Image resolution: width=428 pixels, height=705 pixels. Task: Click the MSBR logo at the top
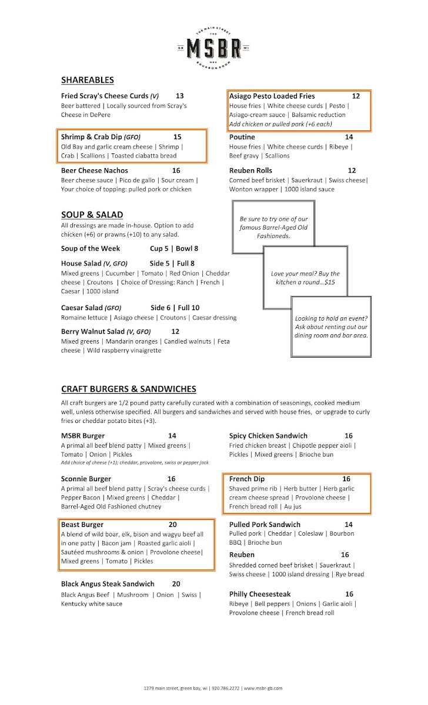213,47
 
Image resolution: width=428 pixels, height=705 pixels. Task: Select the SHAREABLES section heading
88,80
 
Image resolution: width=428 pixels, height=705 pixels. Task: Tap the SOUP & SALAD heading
92,214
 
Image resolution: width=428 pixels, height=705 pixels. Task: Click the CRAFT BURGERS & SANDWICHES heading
129,389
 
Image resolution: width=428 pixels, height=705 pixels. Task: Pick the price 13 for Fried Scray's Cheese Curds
179,96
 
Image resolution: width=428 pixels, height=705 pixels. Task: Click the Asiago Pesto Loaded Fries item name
272,96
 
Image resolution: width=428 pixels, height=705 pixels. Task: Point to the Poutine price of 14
349,137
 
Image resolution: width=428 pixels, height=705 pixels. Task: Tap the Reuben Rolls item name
250,170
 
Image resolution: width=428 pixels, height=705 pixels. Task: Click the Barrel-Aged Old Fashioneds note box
273,227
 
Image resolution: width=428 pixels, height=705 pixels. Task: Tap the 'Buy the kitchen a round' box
305,278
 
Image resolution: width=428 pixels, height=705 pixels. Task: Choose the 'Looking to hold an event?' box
331,327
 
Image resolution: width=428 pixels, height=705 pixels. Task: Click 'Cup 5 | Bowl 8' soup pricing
174,249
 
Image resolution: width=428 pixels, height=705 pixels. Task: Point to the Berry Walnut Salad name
92,331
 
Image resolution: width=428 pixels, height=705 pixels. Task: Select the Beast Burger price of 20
172,525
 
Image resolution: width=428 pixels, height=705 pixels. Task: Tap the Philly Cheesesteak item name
260,594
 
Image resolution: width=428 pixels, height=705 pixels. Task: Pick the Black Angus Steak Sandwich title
108,584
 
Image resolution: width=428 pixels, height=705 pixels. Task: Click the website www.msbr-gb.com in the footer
263,688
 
